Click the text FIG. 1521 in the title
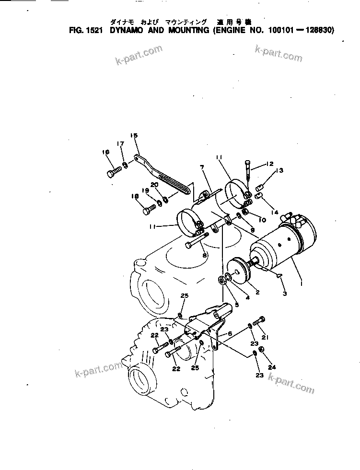(86, 30)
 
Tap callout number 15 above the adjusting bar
(134, 136)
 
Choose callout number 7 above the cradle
(202, 166)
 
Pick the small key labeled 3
(279, 275)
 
